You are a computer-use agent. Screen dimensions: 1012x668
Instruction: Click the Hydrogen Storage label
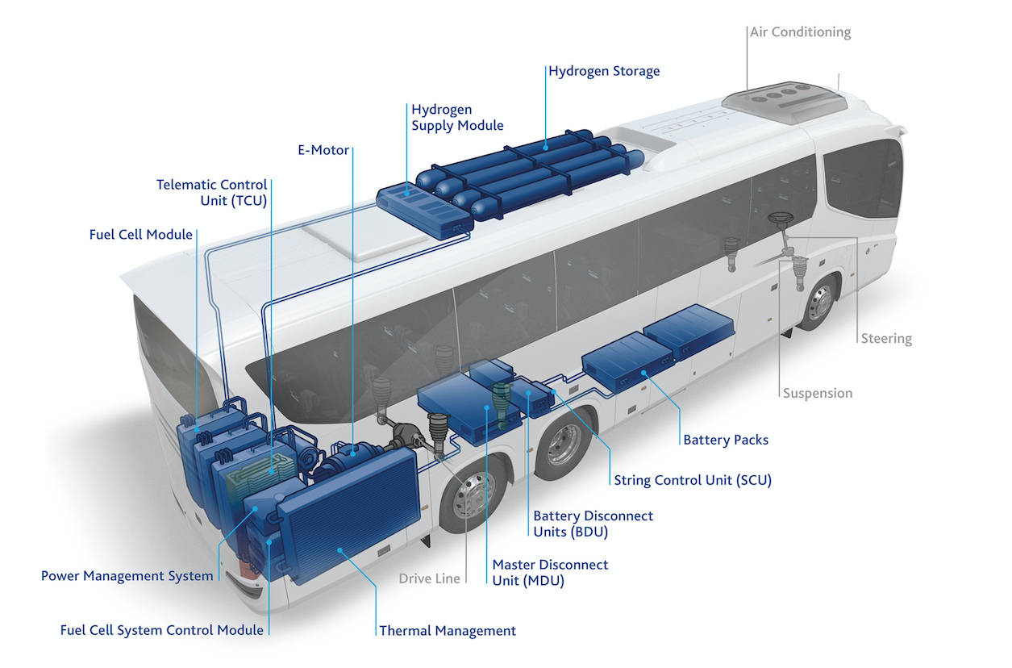point(604,72)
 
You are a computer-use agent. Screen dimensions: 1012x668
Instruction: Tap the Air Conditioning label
point(801,32)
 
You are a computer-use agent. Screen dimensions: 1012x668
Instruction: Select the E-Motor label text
point(323,150)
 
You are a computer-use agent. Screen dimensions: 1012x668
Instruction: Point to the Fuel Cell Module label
point(141,235)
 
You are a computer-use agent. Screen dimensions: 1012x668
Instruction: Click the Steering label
point(886,339)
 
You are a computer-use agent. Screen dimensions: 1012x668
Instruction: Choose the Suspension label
point(818,393)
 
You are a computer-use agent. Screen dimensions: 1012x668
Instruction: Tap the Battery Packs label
point(726,440)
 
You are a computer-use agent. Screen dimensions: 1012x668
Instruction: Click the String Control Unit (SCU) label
point(693,480)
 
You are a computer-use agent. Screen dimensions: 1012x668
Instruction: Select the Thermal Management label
point(448,631)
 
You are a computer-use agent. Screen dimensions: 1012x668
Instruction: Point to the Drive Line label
point(429,578)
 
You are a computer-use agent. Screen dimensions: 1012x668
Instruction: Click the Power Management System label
point(127,576)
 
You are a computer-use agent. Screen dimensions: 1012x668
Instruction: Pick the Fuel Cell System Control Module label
point(162,631)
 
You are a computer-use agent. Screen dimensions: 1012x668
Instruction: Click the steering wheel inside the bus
point(781,219)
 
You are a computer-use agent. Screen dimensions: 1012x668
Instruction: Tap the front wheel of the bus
point(819,303)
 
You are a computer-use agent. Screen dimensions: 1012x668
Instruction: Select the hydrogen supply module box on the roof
point(425,212)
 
